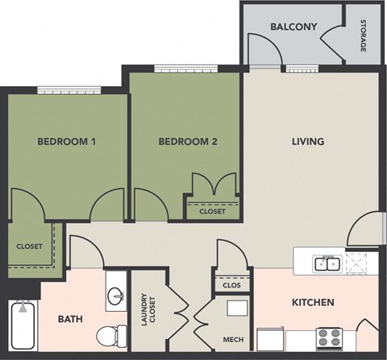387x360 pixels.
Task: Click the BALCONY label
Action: [x=293, y=27]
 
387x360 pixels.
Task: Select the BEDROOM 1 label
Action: [x=67, y=143]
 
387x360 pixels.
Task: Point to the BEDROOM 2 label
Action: [x=187, y=143]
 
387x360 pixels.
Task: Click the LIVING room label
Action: [x=307, y=142]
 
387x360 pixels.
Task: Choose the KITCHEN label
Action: [x=312, y=303]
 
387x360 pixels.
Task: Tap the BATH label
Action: [x=70, y=319]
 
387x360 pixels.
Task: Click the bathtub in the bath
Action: [x=23, y=326]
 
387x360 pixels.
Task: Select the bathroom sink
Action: [x=114, y=296]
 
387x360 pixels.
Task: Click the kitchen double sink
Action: [x=327, y=263]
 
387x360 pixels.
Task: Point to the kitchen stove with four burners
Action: [x=329, y=337]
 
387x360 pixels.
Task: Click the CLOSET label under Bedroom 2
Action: [x=212, y=212]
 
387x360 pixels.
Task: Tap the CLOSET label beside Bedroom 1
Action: [x=29, y=246]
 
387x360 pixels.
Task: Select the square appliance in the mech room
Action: [x=237, y=308]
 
